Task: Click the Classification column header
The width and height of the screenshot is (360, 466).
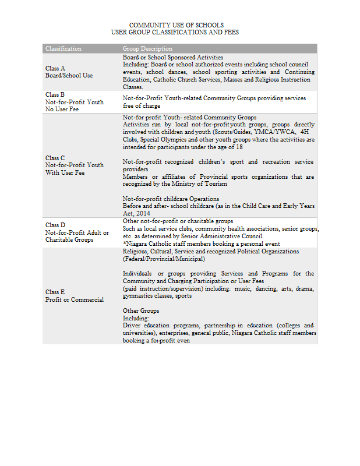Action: click(x=63, y=48)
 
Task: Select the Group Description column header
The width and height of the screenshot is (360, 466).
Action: click(x=147, y=48)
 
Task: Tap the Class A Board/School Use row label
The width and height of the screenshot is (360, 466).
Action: click(x=69, y=72)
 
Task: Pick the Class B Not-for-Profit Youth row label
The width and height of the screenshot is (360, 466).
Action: click(x=75, y=101)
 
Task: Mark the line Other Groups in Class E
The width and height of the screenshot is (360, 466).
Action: click(x=140, y=310)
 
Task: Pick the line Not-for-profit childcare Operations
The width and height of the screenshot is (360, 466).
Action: click(x=167, y=199)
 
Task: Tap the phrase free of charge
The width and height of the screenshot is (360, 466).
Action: click(x=142, y=106)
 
